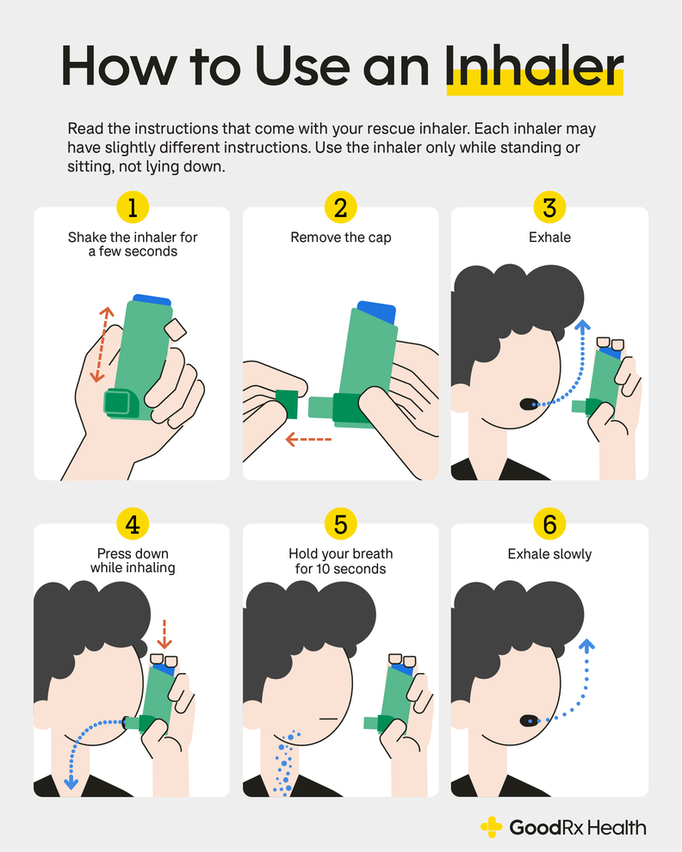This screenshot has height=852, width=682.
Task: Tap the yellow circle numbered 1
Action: point(132,207)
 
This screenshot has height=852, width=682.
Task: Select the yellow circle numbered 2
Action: point(341,207)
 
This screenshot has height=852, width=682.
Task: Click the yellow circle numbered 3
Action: point(549,207)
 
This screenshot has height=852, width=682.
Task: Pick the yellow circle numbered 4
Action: point(132,523)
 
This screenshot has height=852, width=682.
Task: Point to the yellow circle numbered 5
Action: point(341,523)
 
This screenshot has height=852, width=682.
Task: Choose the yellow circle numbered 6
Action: point(549,523)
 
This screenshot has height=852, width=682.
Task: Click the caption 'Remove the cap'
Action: point(341,238)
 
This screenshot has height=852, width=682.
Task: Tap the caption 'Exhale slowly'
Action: point(549,554)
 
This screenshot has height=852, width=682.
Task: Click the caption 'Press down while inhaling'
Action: point(132,560)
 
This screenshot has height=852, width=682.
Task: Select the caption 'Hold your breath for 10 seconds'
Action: point(341,560)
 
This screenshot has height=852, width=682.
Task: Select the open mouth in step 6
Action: point(526,719)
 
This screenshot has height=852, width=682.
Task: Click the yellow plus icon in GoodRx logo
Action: point(492,828)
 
